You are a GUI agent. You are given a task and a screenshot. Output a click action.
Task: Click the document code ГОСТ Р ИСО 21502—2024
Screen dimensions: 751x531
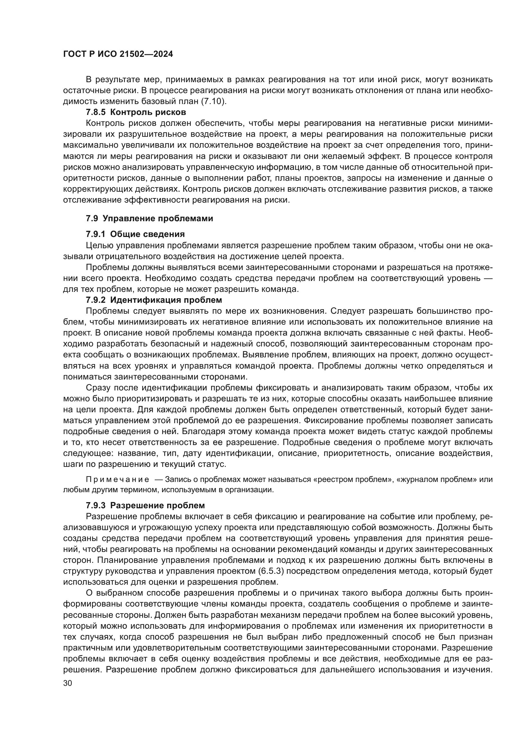click(118, 54)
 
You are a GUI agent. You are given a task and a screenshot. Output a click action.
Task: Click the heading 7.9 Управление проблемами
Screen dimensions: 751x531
click(149, 219)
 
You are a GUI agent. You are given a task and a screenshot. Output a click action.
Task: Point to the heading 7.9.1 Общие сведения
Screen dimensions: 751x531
click(135, 234)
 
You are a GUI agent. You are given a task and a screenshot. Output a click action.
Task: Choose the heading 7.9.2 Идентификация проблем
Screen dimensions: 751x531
click(154, 300)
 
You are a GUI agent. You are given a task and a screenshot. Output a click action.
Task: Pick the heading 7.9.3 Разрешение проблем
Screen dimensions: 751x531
click(145, 505)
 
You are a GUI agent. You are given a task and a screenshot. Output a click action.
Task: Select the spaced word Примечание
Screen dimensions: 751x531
click(118, 480)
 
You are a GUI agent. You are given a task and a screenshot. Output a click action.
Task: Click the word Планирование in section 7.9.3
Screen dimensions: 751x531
click(126, 560)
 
